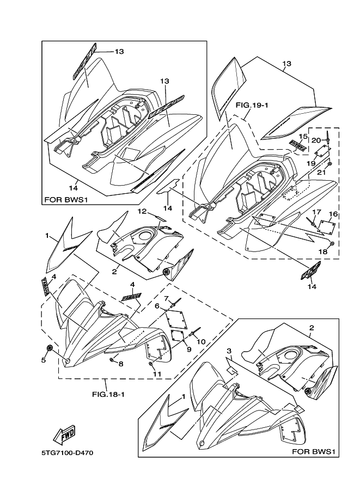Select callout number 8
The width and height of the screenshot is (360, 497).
point(121,363)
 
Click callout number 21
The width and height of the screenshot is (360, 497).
point(321,173)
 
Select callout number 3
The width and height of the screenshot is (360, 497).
point(230,351)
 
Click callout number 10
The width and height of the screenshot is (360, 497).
point(201,341)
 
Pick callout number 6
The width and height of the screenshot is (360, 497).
point(157,306)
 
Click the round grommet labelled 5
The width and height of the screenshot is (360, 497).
point(50,347)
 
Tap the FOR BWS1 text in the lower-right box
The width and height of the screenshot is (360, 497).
point(315,452)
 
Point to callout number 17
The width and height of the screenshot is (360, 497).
point(315,212)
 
